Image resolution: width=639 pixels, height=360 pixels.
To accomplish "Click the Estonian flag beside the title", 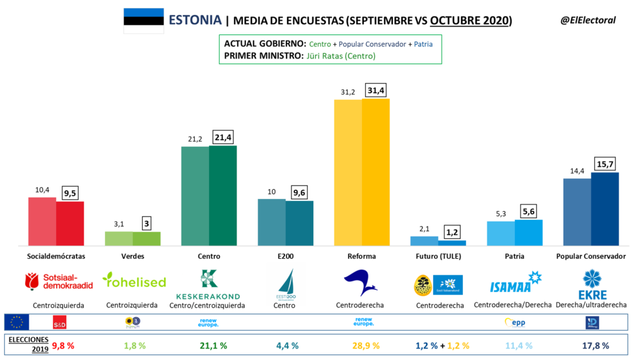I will [143, 20].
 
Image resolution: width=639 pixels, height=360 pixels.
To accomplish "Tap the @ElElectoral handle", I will [587, 20].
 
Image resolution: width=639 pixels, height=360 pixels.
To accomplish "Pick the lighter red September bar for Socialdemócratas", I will [42, 221].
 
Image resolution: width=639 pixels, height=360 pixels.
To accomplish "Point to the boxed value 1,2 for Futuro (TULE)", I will [452, 232].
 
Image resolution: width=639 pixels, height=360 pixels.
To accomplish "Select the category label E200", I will [286, 256].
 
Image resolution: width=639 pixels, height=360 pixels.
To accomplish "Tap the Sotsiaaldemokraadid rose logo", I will [58, 282].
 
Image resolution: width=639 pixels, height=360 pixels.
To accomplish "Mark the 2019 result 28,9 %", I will [365, 345].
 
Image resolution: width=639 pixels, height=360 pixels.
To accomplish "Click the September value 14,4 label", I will [576, 171].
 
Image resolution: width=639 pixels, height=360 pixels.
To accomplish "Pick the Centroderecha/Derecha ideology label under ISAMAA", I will [512, 305].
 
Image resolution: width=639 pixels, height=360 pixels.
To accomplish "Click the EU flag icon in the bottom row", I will [17, 323].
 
